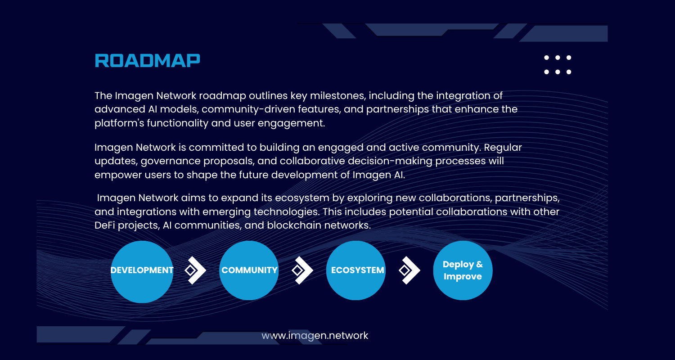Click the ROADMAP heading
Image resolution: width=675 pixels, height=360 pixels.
[147, 61]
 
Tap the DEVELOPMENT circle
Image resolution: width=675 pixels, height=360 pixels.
[142, 272]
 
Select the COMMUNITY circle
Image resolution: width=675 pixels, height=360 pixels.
[249, 270]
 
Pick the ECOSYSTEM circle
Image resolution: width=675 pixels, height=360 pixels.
[356, 270]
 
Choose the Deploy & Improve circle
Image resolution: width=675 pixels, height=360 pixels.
[463, 270]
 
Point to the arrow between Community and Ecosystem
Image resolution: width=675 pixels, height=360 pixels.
[302, 270]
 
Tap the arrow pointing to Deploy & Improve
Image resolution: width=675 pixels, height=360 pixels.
[409, 270]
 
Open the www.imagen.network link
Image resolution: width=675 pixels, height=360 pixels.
[315, 336]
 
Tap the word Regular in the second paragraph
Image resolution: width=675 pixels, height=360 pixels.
[503, 148]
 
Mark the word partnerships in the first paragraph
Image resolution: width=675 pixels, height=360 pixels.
[397, 109]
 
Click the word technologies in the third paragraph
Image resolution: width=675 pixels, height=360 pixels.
[286, 212]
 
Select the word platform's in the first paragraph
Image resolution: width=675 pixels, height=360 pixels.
[119, 123]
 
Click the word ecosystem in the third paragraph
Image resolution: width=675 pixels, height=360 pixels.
[302, 198]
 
